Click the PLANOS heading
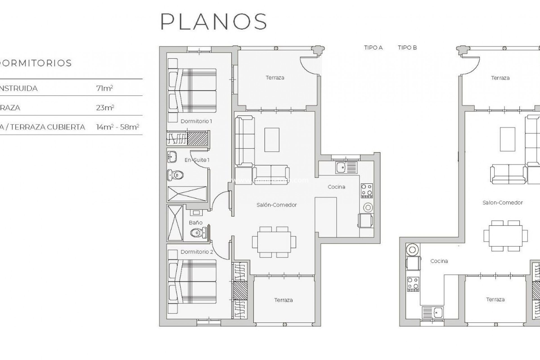(x=213, y=22)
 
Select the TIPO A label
(x=373, y=48)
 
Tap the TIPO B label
(x=407, y=48)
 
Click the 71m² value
(x=104, y=88)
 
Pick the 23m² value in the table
(x=105, y=107)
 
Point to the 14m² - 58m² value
(x=118, y=127)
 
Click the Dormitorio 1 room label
(x=196, y=121)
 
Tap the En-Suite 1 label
(x=197, y=160)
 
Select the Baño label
(x=195, y=222)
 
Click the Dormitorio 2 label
(x=197, y=252)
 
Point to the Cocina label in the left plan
(x=336, y=187)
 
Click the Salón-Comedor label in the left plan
(x=276, y=205)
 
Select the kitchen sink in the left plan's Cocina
(x=341, y=168)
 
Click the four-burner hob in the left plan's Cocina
(x=367, y=190)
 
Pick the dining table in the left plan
(x=274, y=242)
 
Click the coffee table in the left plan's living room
(x=272, y=140)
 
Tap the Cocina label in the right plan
(x=439, y=261)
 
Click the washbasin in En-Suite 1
(x=172, y=157)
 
